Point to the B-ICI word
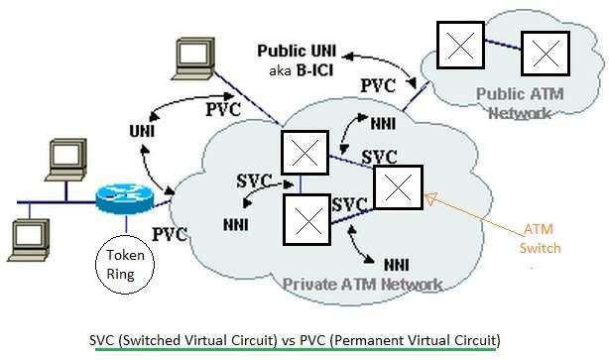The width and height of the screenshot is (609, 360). pos(313,71)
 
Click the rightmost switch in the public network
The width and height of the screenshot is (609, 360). pos(545,55)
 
